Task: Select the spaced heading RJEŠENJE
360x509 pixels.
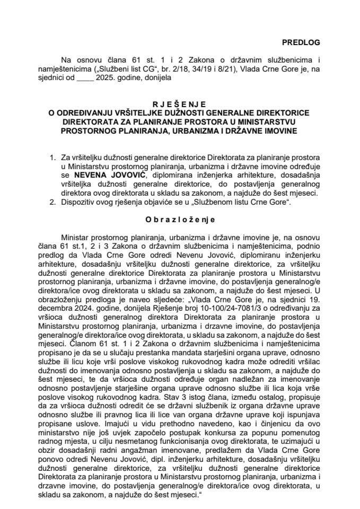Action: click(180, 105)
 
